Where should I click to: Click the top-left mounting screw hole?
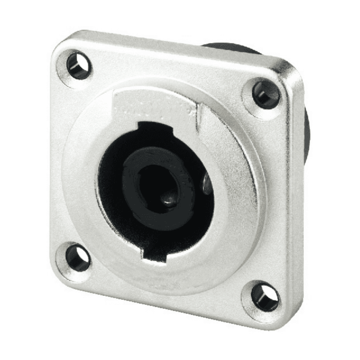pos(79,66)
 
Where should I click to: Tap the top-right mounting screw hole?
pos(265,94)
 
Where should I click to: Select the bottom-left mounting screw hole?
pos(78,258)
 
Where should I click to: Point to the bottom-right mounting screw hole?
pos(264,296)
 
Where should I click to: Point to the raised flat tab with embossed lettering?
pos(149,104)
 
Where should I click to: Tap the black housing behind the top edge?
pos(231,47)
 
